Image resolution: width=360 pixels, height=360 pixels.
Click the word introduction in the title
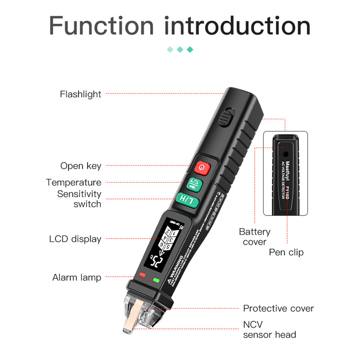pos(237,26)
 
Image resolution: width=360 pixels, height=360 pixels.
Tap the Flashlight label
pos(81,94)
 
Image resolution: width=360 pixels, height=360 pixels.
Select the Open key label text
pos(81,166)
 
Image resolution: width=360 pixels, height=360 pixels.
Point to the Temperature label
pos(73,183)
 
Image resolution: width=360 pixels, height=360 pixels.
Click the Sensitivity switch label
pos(79,199)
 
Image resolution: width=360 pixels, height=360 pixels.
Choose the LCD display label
pos(75,239)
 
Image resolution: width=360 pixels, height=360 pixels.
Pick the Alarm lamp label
pos(76,278)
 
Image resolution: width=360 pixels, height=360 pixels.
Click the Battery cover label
pos(255,237)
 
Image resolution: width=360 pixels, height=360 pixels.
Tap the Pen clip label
pos(286,252)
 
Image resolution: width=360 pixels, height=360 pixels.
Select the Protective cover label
pos(279,308)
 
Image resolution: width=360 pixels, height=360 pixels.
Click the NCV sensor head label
pos(270,329)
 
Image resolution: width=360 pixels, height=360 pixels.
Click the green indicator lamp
pos(157,280)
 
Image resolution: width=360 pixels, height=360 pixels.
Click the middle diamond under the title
pos(180,49)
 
